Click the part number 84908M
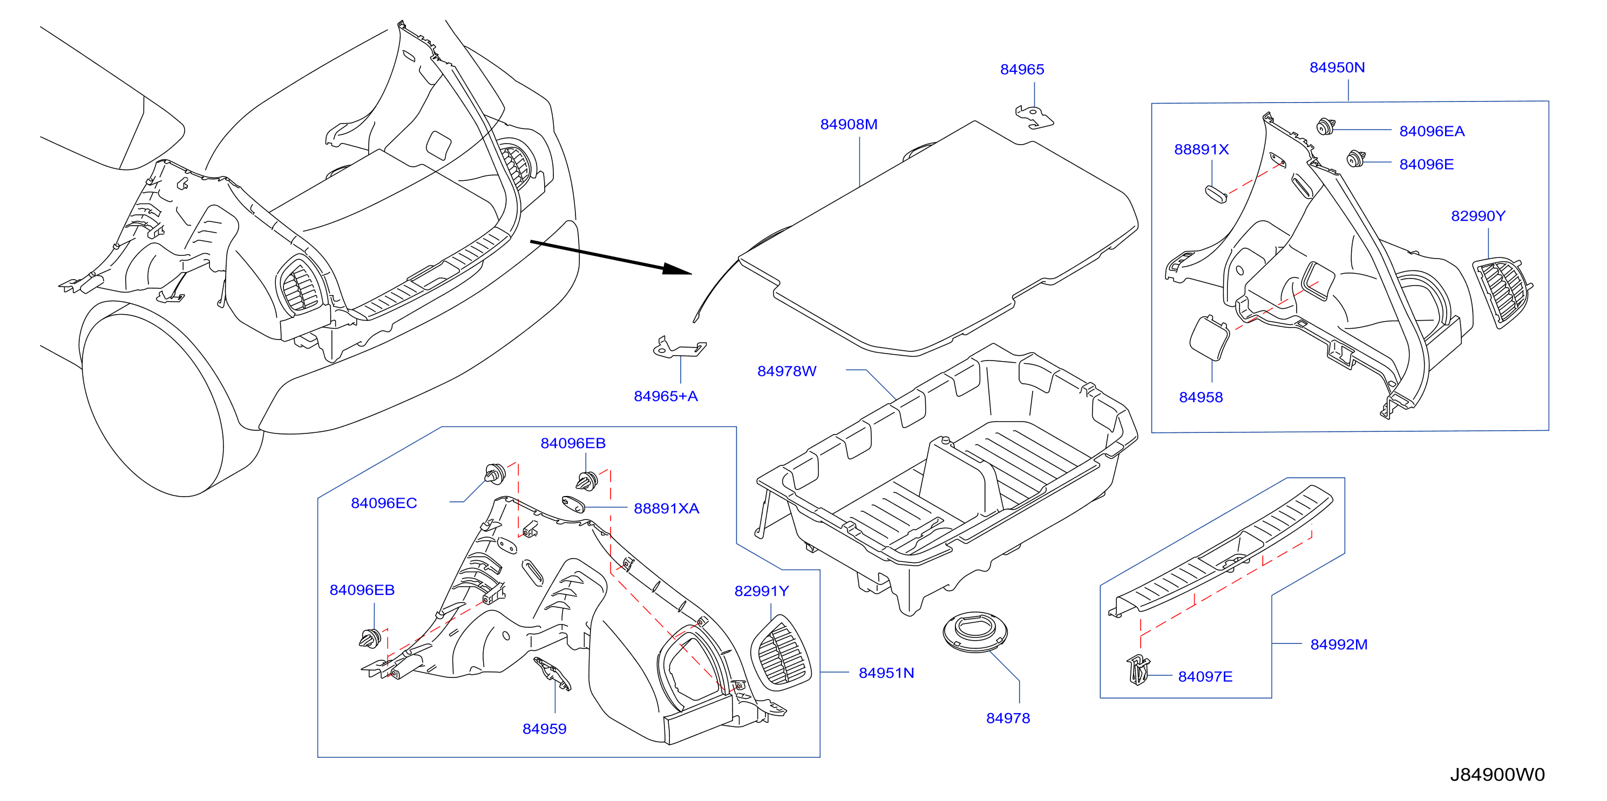pos(849,125)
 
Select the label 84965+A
pos(666,396)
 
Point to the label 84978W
pos(786,371)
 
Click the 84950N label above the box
pos(1337,67)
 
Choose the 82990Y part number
pos(1478,216)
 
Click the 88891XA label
pos(666,508)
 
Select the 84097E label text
pos(1205,677)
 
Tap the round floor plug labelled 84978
pos(974,632)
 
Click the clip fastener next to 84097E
pos(1138,669)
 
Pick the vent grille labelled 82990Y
pos(1502,293)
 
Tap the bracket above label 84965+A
pos(679,348)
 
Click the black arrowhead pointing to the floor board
pos(677,269)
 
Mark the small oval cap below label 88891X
pos(1215,193)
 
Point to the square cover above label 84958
pos(1209,337)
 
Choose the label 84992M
pos(1339,644)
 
